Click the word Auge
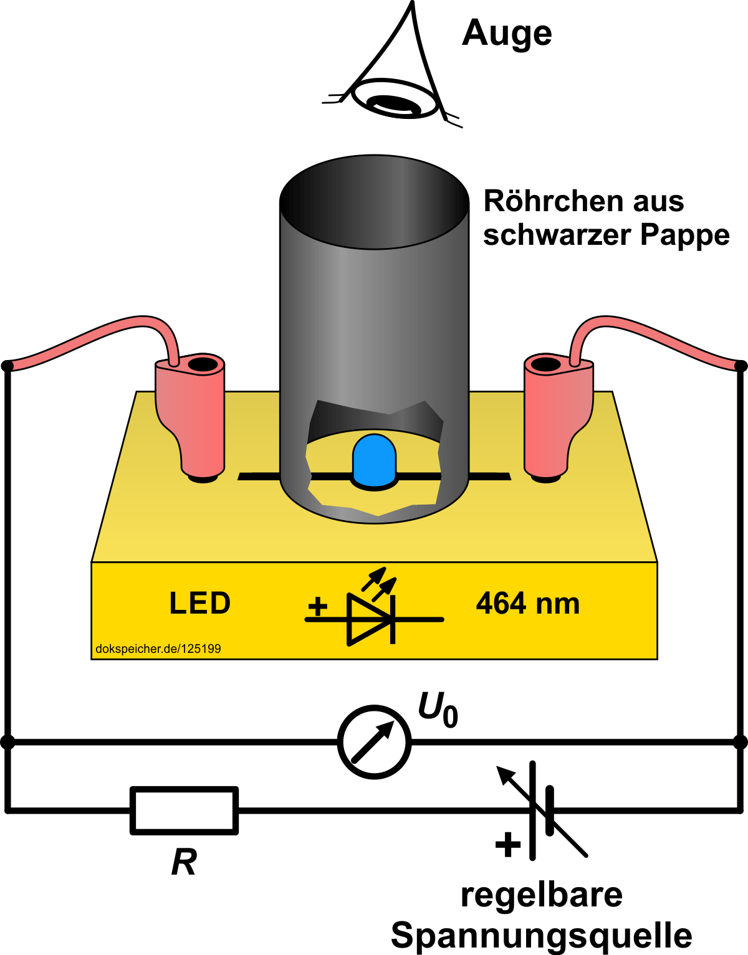507,34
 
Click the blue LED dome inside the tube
374,460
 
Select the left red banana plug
191,417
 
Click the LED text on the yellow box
200,604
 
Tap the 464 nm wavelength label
528,604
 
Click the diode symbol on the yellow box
371,618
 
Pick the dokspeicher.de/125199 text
158,649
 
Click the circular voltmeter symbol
374,742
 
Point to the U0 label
438,710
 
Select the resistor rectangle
185,810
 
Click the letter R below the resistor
184,863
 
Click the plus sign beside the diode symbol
318,606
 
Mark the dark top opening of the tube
374,202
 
